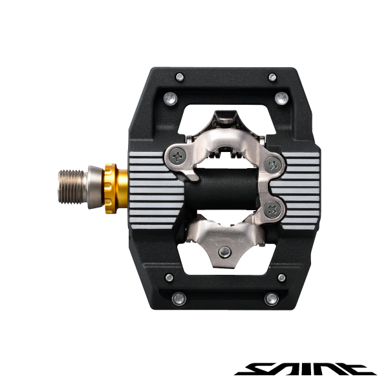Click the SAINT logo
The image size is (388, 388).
pyautogui.click(x=305, y=368)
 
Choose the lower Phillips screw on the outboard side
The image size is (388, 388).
pyautogui.click(x=270, y=208)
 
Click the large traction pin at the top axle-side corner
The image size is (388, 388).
pyautogui.click(x=169, y=98)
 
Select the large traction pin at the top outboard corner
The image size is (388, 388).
pyautogui.click(x=280, y=98)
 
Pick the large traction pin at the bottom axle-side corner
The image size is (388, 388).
pyautogui.click(x=179, y=298)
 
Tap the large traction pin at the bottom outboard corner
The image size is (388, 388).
pyautogui.click(x=272, y=298)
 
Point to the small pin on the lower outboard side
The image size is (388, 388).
pyautogui.click(x=281, y=277)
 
